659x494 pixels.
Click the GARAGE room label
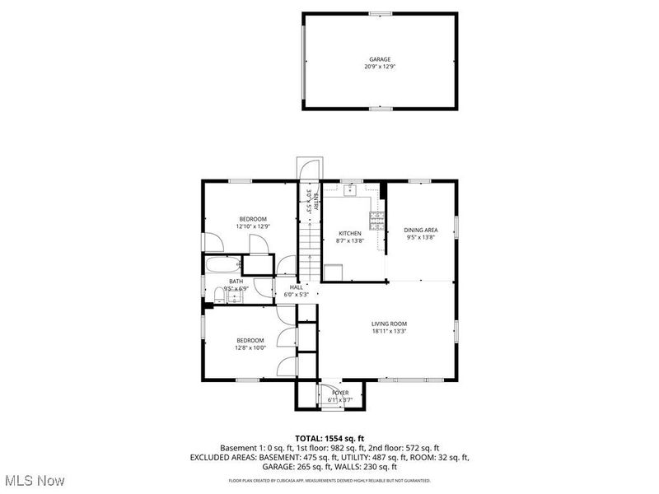[380, 60]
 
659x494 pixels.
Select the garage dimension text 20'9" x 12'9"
[380, 67]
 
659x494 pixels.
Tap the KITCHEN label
[350, 234]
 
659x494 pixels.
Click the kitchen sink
[350, 189]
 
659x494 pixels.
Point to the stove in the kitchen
[376, 220]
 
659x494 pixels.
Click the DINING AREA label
[420, 230]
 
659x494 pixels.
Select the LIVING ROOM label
[389, 324]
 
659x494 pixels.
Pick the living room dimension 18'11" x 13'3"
[389, 331]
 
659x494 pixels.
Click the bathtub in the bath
[224, 265]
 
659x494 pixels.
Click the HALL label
[296, 287]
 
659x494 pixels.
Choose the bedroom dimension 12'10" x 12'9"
[253, 226]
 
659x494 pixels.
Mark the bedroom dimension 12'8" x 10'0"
[250, 347]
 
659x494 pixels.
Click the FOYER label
[340, 393]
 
